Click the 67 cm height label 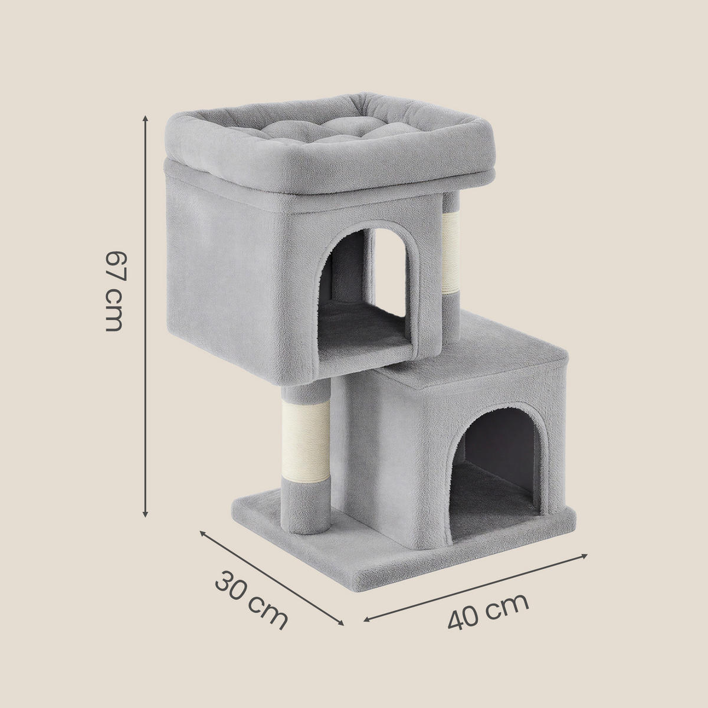click(113, 291)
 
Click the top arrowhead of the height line click(146, 119)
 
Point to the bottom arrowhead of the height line click(146, 514)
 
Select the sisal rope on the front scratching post click(306, 441)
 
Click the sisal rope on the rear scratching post click(450, 254)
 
